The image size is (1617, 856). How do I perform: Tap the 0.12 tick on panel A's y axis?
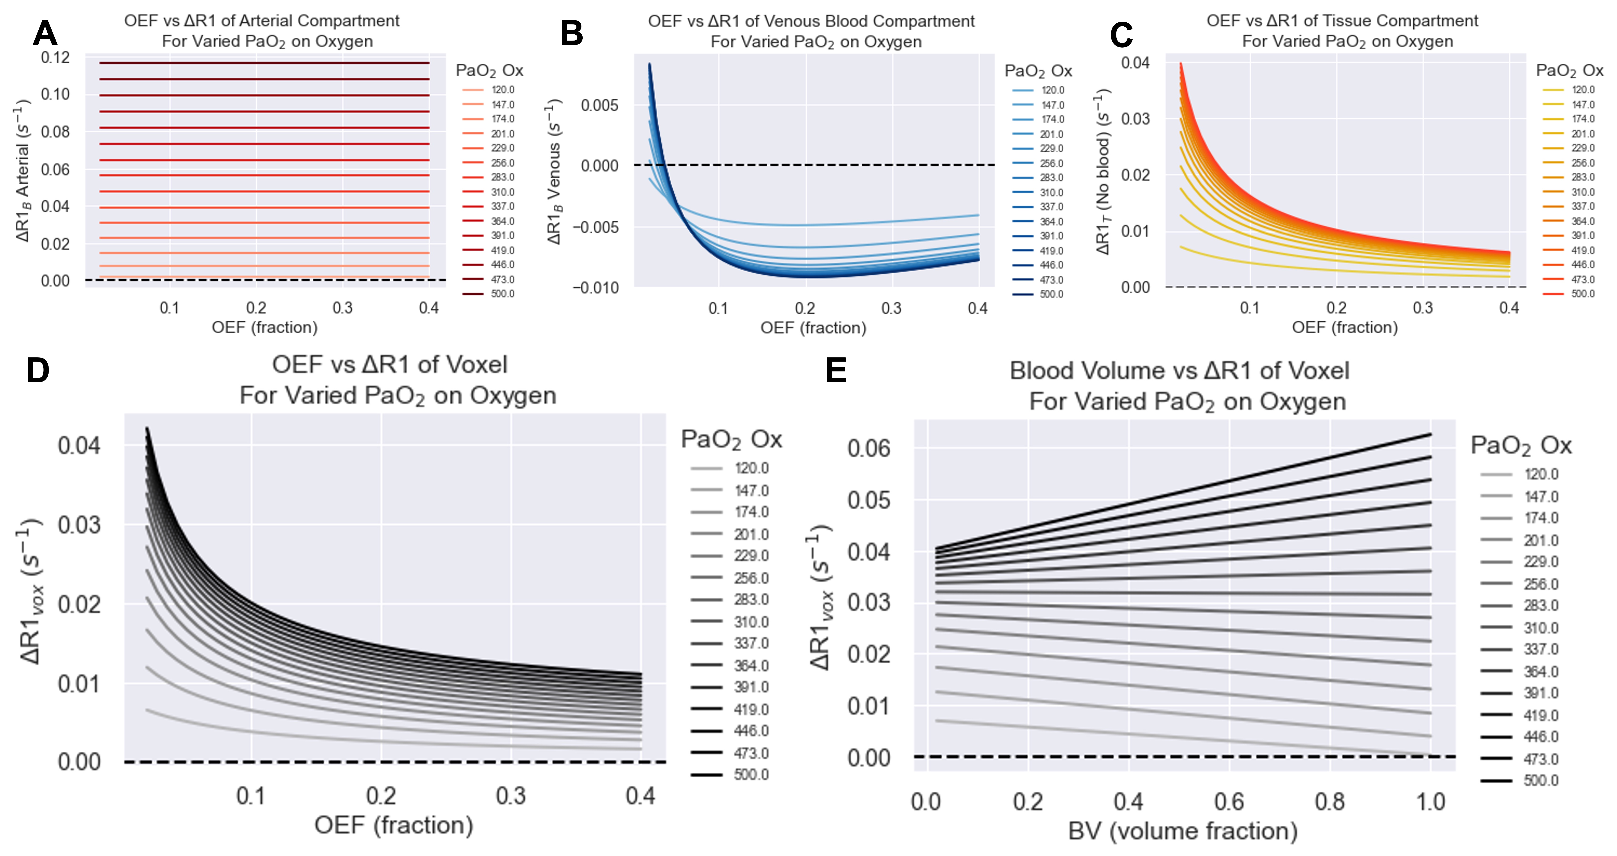(x=55, y=58)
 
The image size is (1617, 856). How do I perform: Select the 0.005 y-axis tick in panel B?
(x=600, y=106)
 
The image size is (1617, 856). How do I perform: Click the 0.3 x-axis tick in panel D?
(x=511, y=796)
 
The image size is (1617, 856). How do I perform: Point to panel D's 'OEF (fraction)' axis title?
(x=394, y=825)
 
